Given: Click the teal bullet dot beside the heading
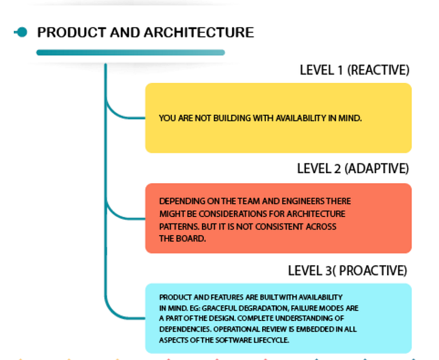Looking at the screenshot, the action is (x=21, y=32).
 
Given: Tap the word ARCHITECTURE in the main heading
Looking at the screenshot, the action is (x=199, y=33).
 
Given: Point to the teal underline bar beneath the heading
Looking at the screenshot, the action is (x=130, y=52).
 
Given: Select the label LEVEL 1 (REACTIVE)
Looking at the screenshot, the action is (x=355, y=70).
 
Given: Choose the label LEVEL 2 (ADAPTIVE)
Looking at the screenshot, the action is (x=353, y=169).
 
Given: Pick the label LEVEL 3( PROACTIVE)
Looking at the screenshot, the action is (x=347, y=271).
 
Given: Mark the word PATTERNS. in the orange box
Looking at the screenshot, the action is (x=179, y=226).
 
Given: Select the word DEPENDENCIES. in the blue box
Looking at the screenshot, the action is (x=186, y=329).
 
